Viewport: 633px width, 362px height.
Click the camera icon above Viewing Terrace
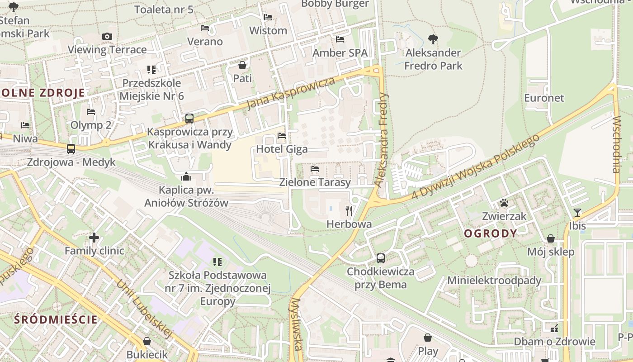(x=107, y=36)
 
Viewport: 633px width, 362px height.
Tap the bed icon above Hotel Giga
(x=282, y=135)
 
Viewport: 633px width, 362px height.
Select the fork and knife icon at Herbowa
(x=349, y=210)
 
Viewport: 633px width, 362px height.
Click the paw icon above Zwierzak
(x=504, y=203)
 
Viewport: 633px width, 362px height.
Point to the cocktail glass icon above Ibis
(x=577, y=212)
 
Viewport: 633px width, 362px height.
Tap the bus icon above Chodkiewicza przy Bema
(x=381, y=258)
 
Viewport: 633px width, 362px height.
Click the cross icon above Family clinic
(x=94, y=237)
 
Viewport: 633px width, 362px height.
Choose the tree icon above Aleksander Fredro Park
(x=433, y=39)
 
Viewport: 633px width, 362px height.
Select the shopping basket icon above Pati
(x=242, y=65)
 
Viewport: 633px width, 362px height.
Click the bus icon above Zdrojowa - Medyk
(x=71, y=148)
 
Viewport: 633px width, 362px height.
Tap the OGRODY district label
(x=491, y=233)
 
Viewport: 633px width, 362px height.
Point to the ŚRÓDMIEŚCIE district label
(x=56, y=319)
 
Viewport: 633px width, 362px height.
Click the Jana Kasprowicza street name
(x=292, y=94)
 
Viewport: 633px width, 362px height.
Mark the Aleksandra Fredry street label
(x=382, y=140)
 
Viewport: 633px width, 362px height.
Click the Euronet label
(x=544, y=98)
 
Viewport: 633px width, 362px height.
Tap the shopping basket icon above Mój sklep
(x=551, y=238)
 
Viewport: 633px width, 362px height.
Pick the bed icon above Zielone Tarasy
(x=315, y=169)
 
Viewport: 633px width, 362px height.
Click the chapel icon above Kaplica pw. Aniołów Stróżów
(x=186, y=176)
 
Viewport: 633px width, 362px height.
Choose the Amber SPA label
(x=340, y=53)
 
